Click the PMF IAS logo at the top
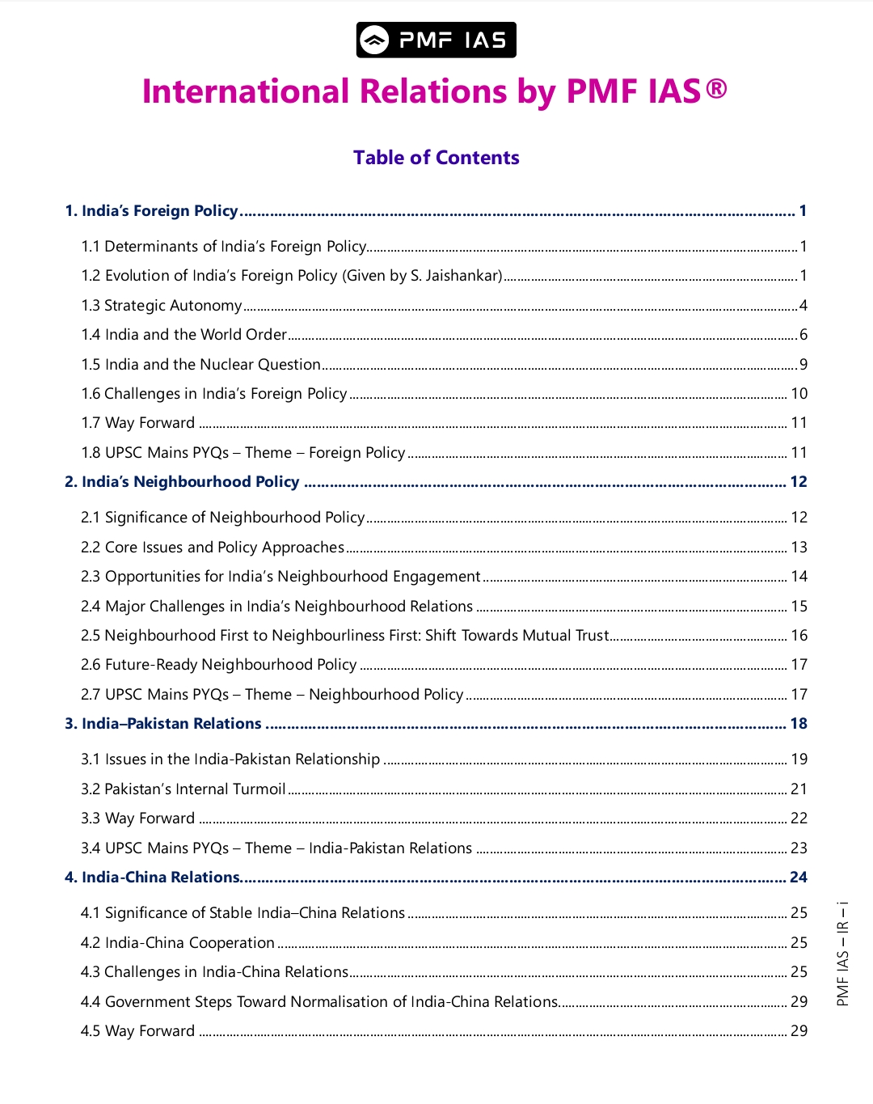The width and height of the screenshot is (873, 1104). point(436,40)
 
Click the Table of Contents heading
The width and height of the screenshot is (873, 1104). point(436,158)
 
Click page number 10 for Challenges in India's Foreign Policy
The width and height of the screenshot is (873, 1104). point(799,394)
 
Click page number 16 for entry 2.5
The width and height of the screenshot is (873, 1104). point(799,636)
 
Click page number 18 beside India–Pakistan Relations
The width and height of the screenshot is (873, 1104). point(799,724)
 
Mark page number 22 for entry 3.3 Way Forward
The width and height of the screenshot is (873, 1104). point(799,818)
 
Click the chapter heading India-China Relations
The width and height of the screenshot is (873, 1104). point(161,878)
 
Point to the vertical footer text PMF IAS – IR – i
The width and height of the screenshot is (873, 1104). point(842,954)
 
